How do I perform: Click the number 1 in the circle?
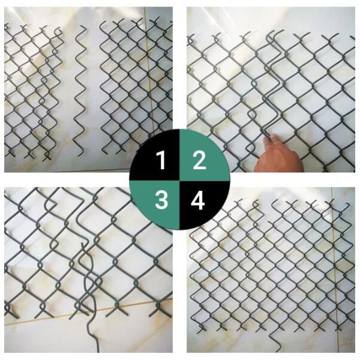point(161,160)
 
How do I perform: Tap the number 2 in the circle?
point(199,160)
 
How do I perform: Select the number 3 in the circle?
point(161,200)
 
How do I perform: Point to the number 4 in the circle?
point(198,200)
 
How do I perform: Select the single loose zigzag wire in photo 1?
point(80,91)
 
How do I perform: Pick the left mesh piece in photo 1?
point(32,92)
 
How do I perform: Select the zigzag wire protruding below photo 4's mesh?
point(275,340)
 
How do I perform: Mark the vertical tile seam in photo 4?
point(334,271)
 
